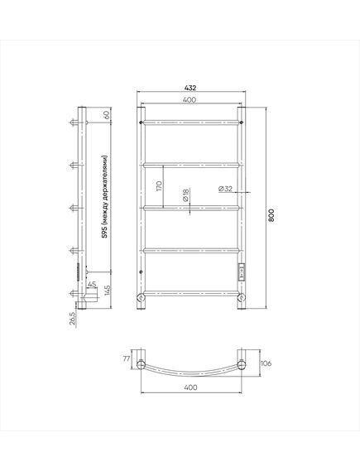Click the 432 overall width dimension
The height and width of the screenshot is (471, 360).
tap(190, 88)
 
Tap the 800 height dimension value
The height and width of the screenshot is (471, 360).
tap(271, 214)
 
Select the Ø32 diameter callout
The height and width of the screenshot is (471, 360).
tap(225, 189)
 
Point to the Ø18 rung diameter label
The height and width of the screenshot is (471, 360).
tap(185, 195)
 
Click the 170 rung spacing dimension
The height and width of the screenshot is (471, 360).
tap(159, 186)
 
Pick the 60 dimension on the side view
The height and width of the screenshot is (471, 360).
tap(108, 115)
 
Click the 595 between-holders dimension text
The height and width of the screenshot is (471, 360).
tap(104, 197)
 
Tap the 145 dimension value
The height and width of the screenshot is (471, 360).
tap(108, 291)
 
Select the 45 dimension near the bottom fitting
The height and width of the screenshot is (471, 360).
tap(92, 284)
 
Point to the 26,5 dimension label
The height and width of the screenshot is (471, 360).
tap(73, 318)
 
